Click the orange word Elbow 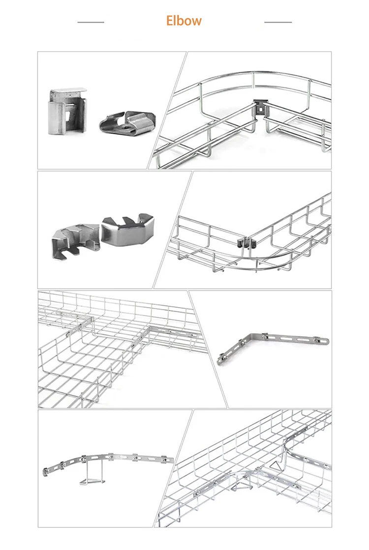click(184, 21)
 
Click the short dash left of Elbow click(91, 22)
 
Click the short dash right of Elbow click(278, 22)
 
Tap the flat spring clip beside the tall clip click(127, 123)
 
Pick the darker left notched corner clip click(74, 235)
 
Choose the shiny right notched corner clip click(127, 230)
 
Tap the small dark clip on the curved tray click(245, 243)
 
